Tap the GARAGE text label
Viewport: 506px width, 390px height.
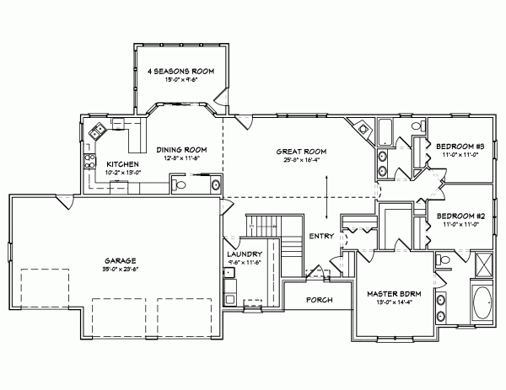click(121, 262)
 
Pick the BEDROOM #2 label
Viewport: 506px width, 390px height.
click(460, 216)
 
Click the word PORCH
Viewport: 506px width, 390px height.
click(319, 300)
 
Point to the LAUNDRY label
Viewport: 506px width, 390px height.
click(244, 254)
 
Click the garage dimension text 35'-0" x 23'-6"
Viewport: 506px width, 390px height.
click(121, 271)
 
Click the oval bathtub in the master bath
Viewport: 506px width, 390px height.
click(482, 304)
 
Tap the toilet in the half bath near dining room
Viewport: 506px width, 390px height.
click(179, 184)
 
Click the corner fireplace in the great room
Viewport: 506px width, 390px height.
click(363, 129)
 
